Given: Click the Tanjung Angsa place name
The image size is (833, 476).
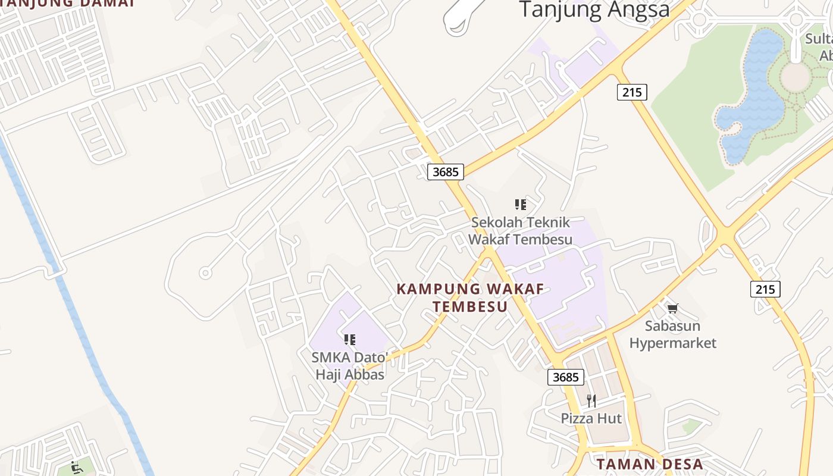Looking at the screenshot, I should coord(594,10).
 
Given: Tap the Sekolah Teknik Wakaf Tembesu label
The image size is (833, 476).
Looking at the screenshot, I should coord(521,231).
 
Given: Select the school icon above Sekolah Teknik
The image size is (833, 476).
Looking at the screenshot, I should coord(521,205).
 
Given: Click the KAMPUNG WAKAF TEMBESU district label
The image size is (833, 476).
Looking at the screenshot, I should coord(470,297).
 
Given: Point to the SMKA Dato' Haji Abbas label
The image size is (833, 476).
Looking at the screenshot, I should coord(350,366).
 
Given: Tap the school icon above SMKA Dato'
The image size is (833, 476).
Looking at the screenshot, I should coord(350,340).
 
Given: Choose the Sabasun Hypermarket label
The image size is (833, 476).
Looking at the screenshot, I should coord(673,334).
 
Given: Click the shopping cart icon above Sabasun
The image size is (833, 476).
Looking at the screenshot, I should coord(672,308).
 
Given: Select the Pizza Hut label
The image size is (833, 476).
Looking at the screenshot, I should coord(591,418).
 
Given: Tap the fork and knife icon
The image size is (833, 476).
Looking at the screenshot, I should coord(591,400).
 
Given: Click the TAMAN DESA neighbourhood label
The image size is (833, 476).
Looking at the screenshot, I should coord(650,464).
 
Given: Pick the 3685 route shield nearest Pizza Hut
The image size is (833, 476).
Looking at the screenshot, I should coord(565,377).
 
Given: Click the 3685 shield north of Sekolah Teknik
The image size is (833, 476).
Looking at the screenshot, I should coord(445,172).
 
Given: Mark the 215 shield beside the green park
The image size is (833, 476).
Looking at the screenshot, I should coord(632,92).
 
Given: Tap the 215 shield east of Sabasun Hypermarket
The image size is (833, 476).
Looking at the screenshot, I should coord(765,289).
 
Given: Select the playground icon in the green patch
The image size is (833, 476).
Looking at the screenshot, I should coord(76,468).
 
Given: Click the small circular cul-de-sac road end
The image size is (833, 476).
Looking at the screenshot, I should coord(205,273).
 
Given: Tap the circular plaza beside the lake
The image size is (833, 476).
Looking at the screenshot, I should coord(795,77).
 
